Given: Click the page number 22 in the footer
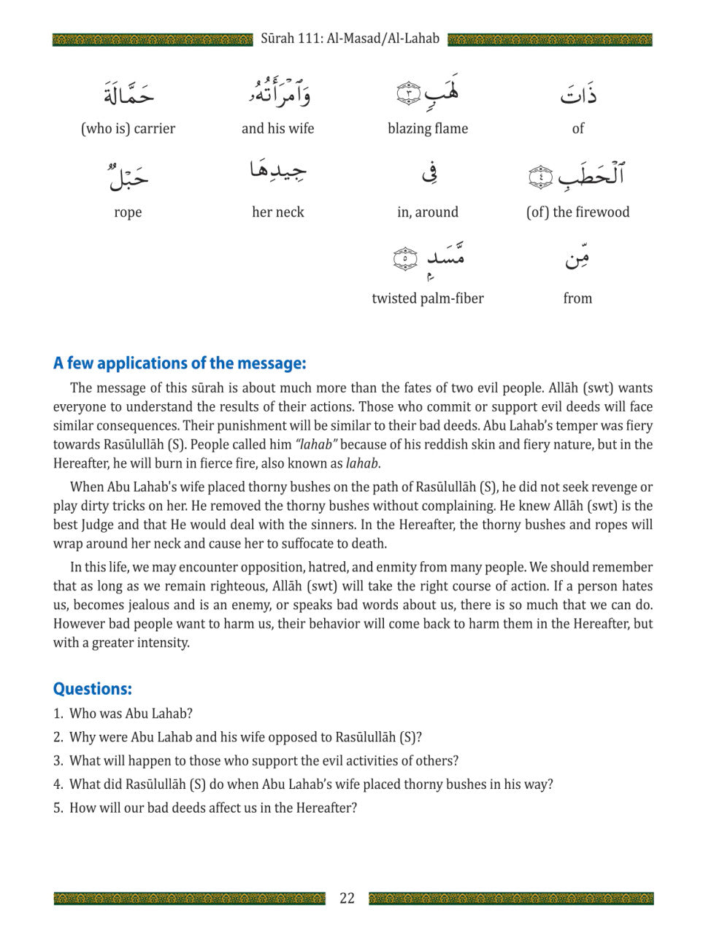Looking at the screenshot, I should click(347, 898).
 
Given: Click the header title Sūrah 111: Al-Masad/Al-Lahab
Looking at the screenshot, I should click(350, 39).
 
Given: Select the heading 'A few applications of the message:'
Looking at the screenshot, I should click(180, 363).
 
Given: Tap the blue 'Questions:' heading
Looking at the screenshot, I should click(93, 689).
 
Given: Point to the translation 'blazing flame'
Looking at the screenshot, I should click(428, 128).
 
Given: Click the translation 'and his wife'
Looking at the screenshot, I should click(277, 128).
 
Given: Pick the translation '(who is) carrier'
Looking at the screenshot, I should click(128, 128).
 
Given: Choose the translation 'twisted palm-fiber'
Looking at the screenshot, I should click(428, 298).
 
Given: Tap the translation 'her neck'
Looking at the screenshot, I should click(277, 212).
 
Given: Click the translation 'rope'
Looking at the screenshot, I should click(128, 212).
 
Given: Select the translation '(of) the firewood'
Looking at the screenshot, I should click(577, 212).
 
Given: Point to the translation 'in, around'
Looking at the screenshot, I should click(428, 212).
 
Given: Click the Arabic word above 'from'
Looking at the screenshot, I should click(577, 257).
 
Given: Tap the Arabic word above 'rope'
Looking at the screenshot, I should click(128, 175).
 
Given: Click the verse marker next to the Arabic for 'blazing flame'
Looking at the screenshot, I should click(409, 93).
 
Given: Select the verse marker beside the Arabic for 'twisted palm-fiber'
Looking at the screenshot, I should click(405, 259).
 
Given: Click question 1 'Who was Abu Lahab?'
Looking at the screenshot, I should click(131, 714).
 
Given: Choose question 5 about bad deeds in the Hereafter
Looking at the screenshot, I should click(212, 808).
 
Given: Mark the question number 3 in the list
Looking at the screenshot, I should click(58, 760).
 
